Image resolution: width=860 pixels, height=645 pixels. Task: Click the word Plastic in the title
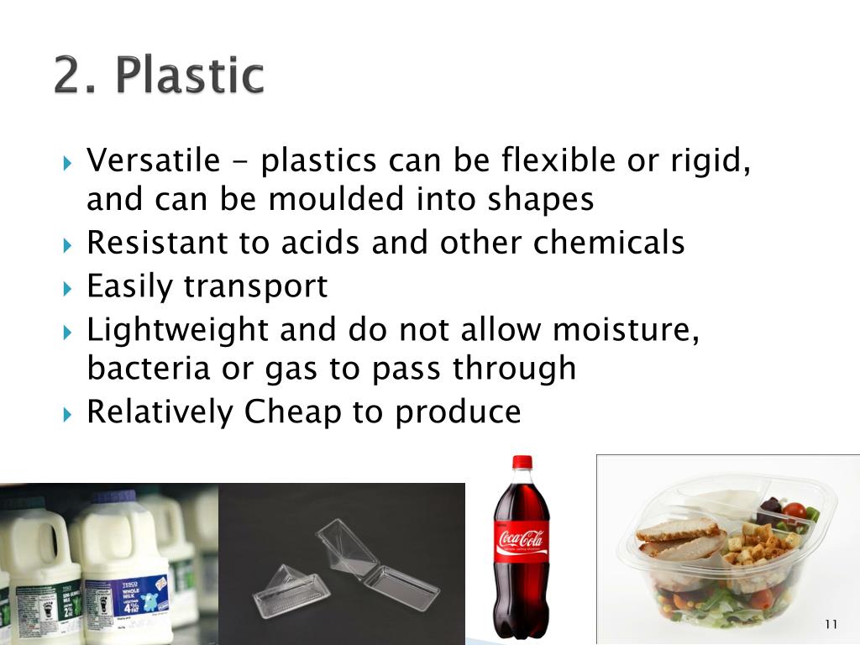point(190,76)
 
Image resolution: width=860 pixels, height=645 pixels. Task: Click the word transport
point(255,286)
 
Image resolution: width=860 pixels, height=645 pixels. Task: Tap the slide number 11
point(831,623)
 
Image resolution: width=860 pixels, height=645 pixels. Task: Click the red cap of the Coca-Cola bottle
point(522,462)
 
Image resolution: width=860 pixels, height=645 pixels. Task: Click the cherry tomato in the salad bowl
point(793,511)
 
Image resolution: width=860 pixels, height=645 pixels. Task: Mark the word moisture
point(624,330)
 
